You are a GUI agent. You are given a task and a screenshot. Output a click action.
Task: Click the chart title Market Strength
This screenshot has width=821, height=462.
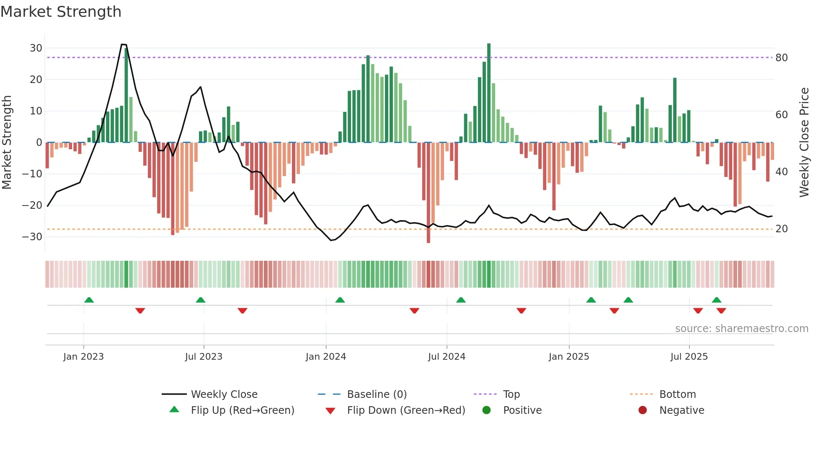(61, 12)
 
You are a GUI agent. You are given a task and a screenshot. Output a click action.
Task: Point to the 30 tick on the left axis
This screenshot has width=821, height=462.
(36, 48)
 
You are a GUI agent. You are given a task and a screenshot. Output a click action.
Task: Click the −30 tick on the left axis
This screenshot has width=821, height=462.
(33, 237)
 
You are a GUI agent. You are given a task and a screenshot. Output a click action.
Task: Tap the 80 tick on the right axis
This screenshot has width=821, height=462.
(781, 58)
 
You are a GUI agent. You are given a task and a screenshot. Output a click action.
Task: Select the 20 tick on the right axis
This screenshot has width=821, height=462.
(781, 229)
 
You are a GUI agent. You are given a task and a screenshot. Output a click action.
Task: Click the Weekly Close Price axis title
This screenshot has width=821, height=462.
(804, 143)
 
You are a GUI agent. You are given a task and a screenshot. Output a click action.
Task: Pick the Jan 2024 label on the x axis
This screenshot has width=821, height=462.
(325, 357)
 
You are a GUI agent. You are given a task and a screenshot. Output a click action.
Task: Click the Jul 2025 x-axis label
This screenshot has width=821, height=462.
(689, 357)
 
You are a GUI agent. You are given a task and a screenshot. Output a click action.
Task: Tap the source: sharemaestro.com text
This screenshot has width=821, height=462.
(741, 329)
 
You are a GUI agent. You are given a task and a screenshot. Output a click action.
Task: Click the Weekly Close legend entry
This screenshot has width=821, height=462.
(224, 395)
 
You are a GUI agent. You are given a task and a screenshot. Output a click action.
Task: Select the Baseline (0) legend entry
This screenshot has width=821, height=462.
(377, 395)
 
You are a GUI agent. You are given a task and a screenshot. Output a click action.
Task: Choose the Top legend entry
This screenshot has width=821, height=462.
(511, 395)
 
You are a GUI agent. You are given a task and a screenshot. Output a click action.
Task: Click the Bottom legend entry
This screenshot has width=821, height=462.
(677, 395)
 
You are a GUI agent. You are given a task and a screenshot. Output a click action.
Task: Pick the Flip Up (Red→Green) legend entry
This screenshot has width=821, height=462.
(242, 410)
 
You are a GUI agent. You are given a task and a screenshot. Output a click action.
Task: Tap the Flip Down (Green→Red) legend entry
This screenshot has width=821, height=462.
(405, 410)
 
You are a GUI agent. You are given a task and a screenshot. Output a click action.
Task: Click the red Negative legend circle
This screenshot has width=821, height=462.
(643, 410)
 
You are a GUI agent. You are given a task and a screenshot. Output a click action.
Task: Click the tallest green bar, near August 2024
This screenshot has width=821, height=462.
(489, 92)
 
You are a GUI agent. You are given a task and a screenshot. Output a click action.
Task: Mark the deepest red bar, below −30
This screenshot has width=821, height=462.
(428, 193)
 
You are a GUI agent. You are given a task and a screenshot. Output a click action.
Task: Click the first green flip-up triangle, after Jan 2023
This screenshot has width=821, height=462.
(89, 300)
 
